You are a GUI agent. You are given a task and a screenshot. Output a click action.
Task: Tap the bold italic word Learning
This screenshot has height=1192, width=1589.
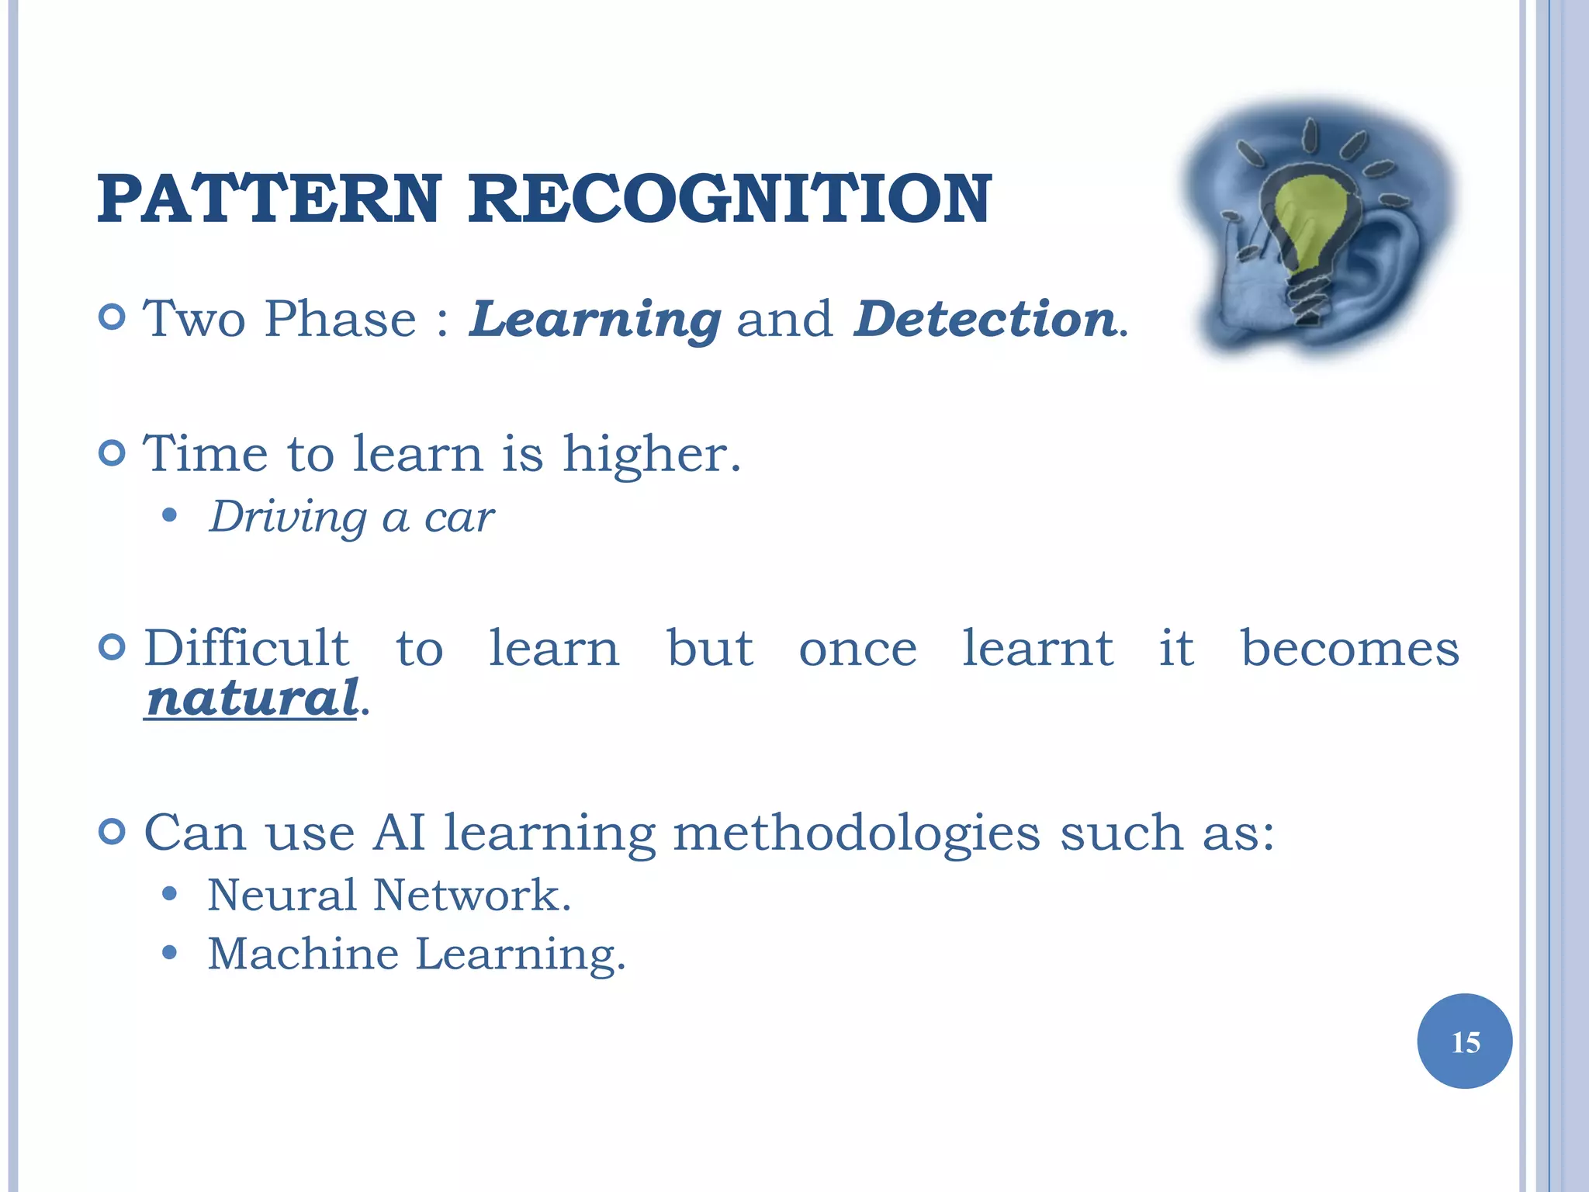[595, 320]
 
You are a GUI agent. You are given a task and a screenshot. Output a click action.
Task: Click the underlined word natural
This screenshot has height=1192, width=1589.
[252, 698]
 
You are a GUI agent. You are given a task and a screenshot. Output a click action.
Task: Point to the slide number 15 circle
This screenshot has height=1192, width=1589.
[1464, 1041]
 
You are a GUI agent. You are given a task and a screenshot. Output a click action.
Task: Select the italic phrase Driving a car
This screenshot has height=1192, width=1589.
[351, 518]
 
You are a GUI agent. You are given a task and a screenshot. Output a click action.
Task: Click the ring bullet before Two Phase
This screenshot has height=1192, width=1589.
[113, 317]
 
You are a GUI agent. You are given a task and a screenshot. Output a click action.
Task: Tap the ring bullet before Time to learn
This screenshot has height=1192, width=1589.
[113, 453]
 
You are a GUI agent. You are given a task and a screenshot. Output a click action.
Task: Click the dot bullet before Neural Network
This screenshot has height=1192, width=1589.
[170, 895]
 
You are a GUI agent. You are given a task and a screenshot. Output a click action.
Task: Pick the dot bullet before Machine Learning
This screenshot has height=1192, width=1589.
[170, 953]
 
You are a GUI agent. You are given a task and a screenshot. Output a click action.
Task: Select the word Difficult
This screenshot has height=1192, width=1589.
[247, 648]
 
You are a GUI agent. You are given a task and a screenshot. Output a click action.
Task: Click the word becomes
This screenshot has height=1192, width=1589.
[1349, 648]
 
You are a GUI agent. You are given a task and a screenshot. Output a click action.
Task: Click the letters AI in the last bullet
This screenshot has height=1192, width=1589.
[399, 833]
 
